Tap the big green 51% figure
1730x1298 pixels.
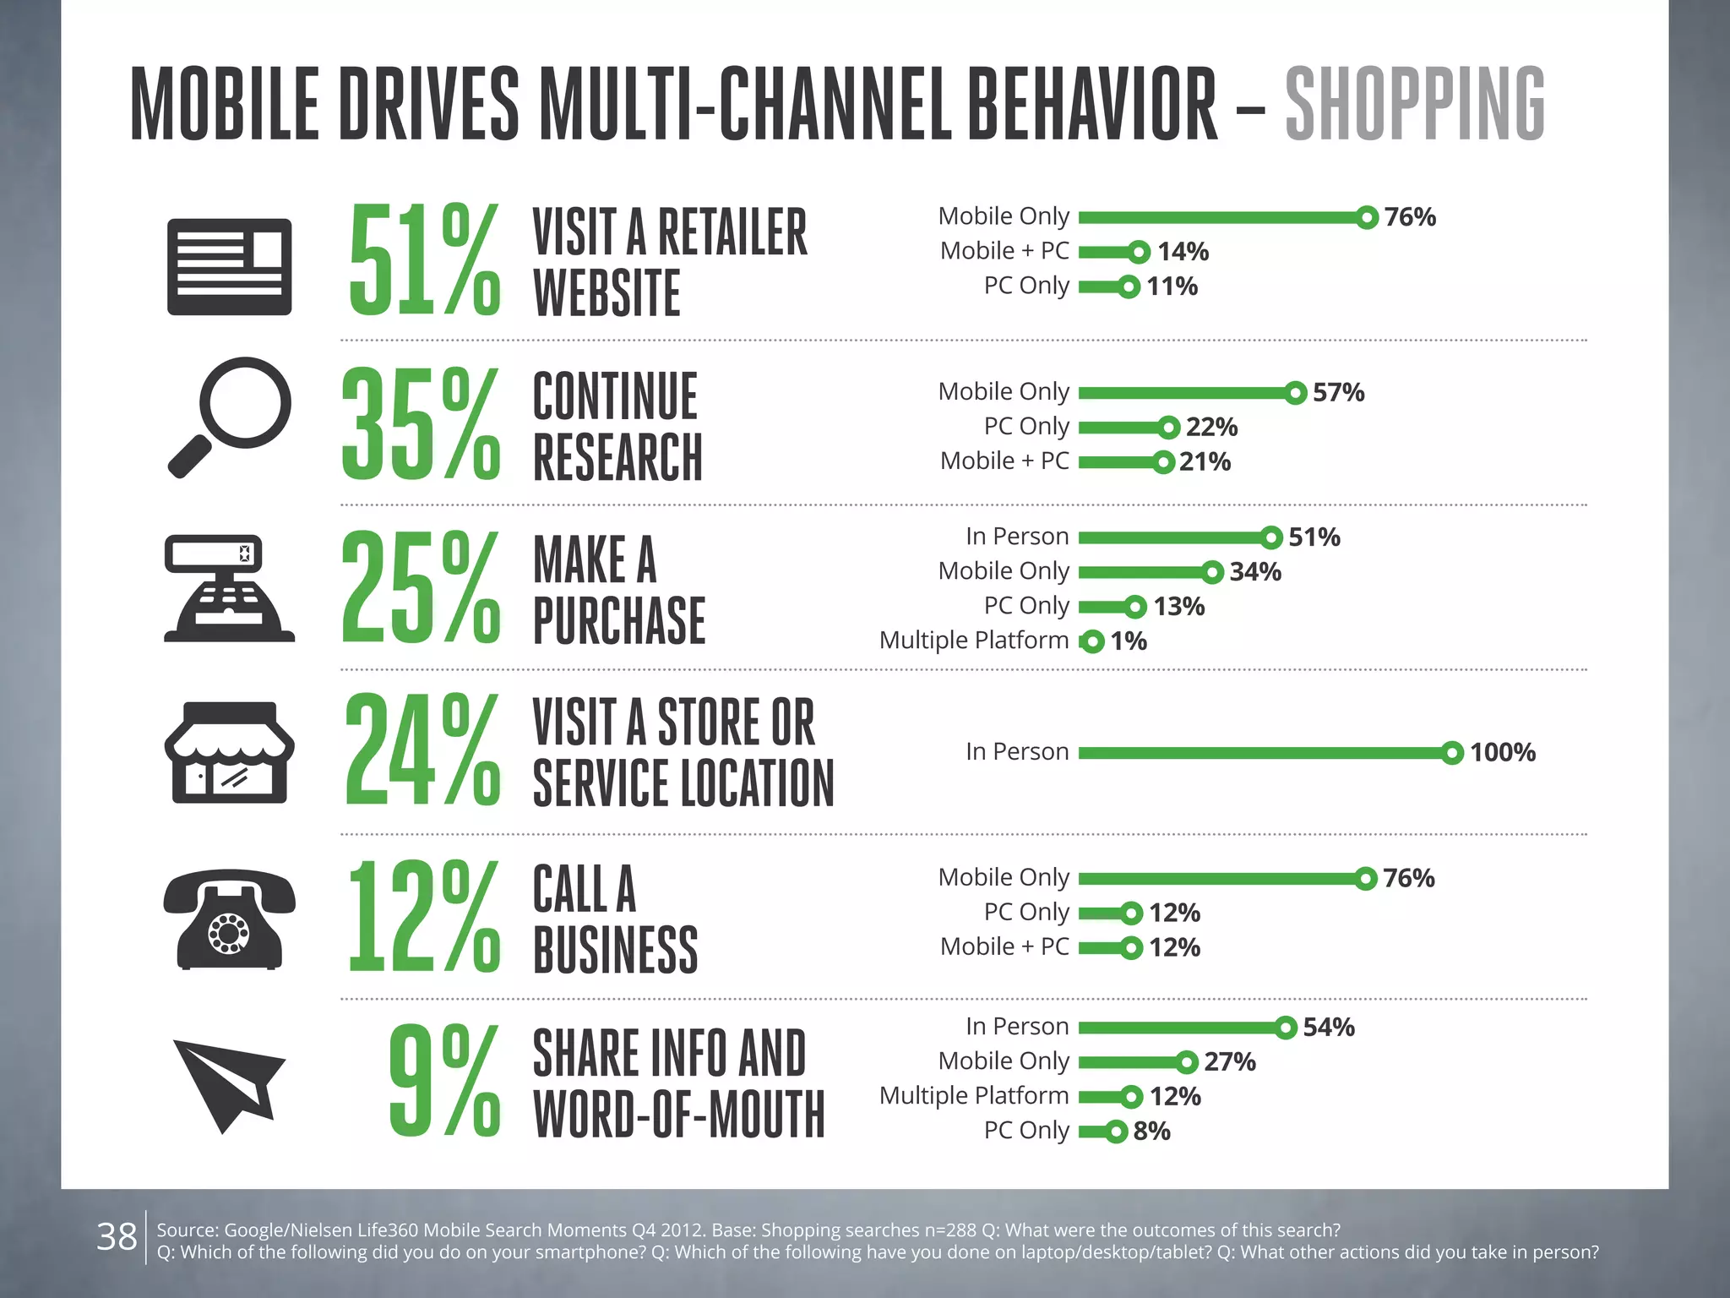[424, 260]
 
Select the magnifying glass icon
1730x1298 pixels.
[229, 417]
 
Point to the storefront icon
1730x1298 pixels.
[229, 752]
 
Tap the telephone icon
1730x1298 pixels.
[229, 919]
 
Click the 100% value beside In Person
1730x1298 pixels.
[1502, 752]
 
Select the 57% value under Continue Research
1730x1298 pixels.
[1338, 392]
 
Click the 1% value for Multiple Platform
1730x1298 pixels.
[1129, 641]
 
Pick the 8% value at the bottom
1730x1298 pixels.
[1151, 1131]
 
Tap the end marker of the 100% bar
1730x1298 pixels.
[1452, 752]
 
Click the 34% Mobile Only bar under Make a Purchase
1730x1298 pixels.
[1145, 572]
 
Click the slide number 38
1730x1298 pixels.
[117, 1237]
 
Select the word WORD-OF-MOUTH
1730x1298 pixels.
[678, 1115]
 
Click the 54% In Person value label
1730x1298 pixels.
[1328, 1028]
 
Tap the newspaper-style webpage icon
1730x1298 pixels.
[229, 267]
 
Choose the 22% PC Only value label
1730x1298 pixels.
[1211, 427]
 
